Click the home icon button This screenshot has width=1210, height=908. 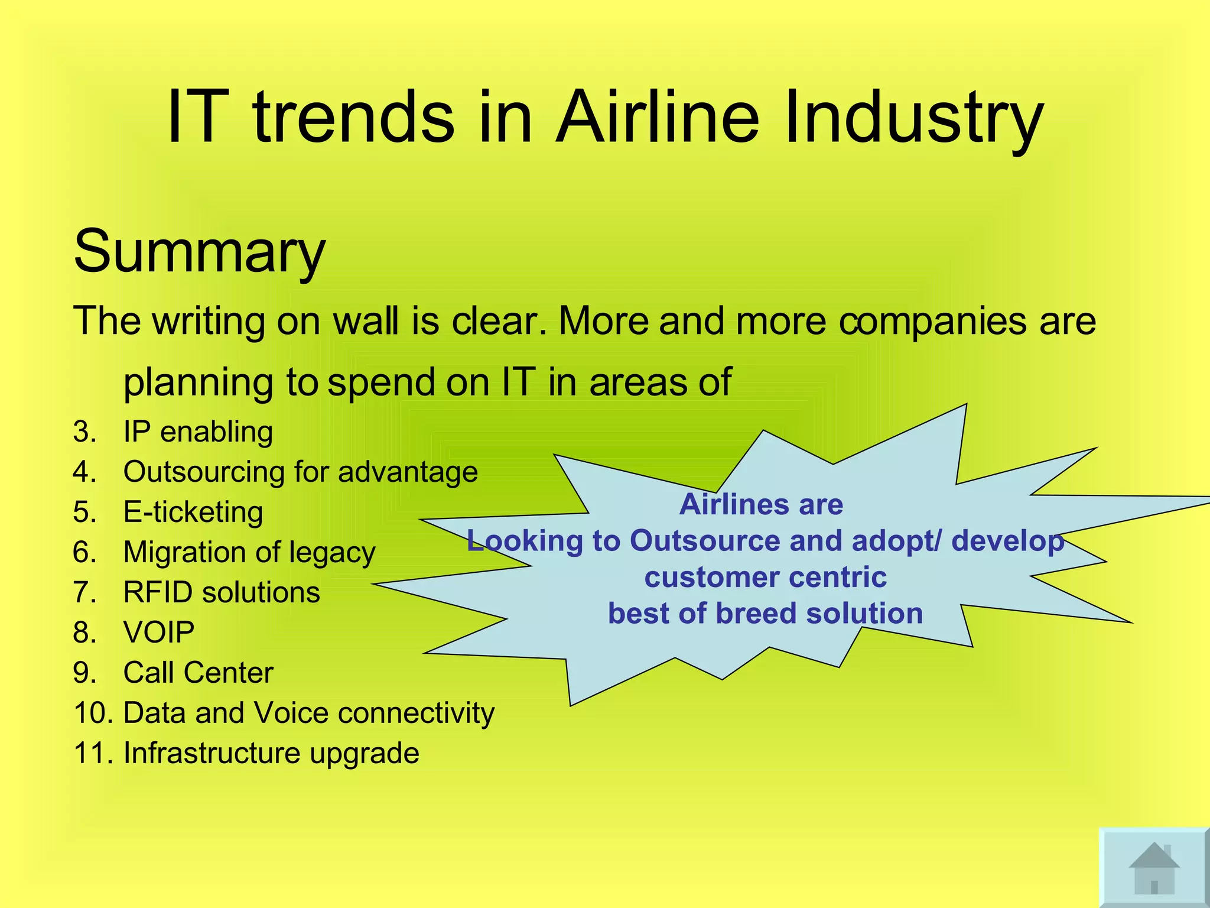pos(1153,868)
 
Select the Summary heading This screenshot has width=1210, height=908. pos(199,251)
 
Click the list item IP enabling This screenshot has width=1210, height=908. pos(198,432)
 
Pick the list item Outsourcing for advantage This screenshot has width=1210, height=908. pos(300,472)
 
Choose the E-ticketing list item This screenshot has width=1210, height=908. pos(193,512)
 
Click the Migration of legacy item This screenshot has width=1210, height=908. pos(249,552)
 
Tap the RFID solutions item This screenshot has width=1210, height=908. pos(222,592)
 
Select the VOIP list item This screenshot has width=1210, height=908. pos(158,633)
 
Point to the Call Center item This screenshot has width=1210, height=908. pos(198,673)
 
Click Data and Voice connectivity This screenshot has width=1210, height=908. pos(308,713)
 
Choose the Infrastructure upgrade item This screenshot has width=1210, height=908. pos(271,753)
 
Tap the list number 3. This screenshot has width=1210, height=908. pos(84,432)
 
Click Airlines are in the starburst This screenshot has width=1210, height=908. pos(761,504)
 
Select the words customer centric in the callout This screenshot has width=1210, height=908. pos(765,577)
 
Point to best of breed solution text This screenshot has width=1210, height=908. pos(765,614)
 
